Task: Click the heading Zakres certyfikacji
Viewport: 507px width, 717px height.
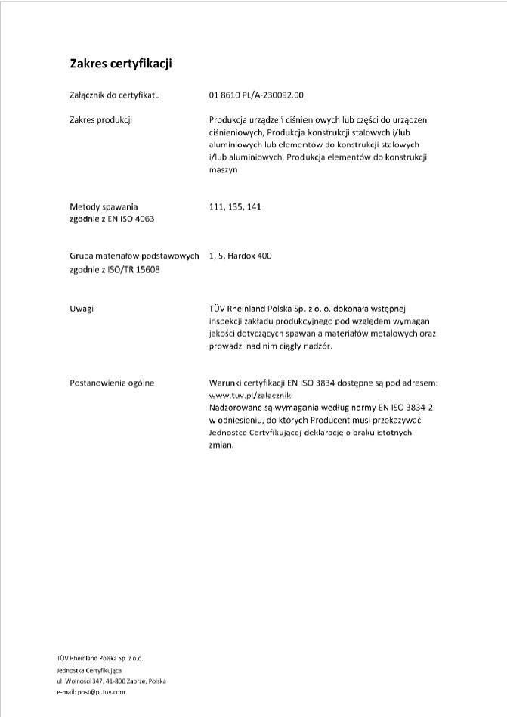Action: (x=122, y=64)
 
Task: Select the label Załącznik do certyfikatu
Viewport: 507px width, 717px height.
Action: (x=114, y=95)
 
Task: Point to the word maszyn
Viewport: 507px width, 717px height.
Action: (x=224, y=170)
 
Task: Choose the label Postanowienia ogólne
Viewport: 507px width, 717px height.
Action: (x=111, y=383)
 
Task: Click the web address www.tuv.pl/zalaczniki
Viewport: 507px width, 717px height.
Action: (x=250, y=396)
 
